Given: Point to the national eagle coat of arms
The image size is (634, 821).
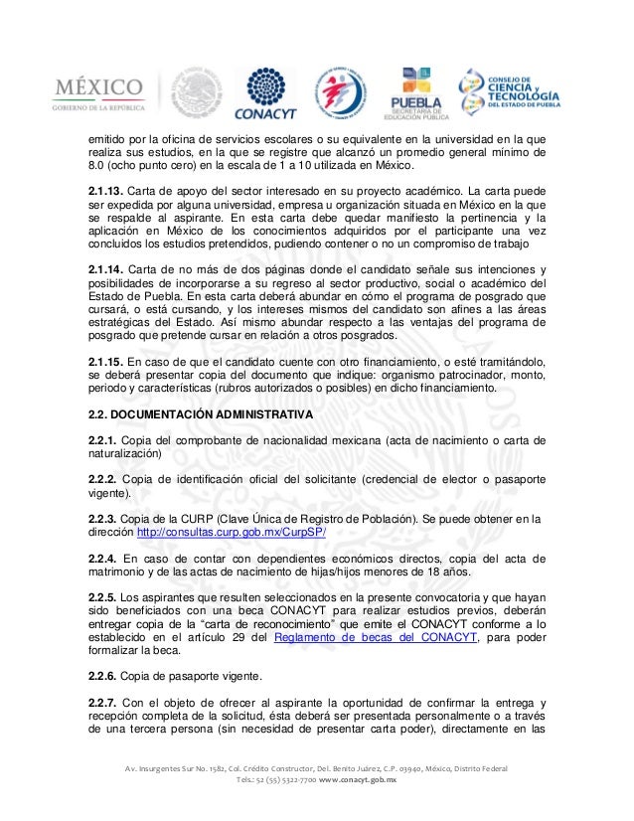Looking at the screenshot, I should click(197, 93).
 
